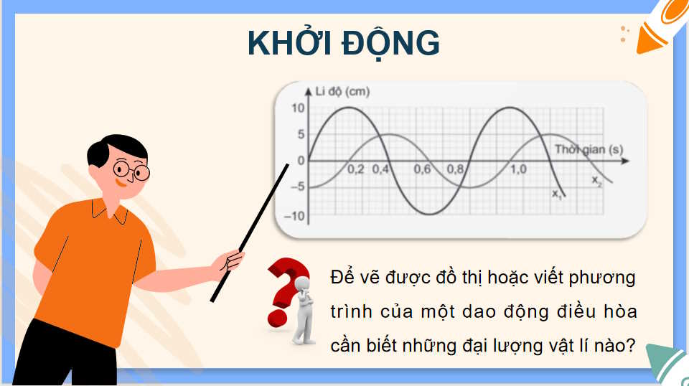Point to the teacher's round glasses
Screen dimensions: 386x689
click(x=132, y=171)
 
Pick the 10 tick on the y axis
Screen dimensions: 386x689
click(x=298, y=108)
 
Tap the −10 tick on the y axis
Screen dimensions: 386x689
click(x=295, y=215)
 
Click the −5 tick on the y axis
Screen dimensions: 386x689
click(x=296, y=188)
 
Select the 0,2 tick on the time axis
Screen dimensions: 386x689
click(x=356, y=170)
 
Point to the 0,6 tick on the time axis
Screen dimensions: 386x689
click(x=422, y=170)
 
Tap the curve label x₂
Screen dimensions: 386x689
click(x=597, y=179)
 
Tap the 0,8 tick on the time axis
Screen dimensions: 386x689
click(x=455, y=170)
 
